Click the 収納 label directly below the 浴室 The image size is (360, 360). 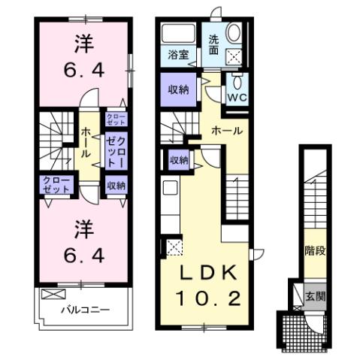[177, 89]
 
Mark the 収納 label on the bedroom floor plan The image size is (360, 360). [115, 185]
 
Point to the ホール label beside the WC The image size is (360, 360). [226, 131]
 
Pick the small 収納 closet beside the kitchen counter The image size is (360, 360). [178, 159]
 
